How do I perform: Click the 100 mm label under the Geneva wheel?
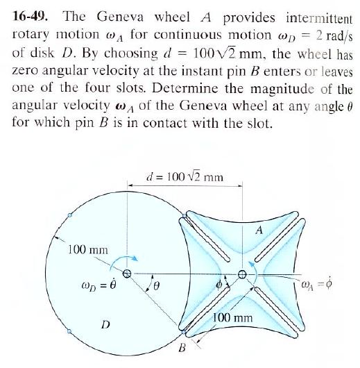[234, 318]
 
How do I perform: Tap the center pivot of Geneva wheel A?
[242, 273]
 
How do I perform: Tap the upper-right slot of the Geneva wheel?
[282, 233]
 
